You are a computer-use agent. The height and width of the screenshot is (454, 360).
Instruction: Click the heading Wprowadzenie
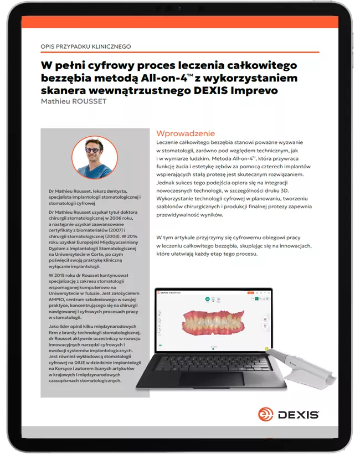pos(186,133)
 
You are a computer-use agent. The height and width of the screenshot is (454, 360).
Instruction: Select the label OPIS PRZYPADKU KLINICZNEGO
pos(86,47)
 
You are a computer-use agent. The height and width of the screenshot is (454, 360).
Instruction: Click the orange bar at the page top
pos(180,23)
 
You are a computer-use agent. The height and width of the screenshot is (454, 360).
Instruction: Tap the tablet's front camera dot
pos(179,9)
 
